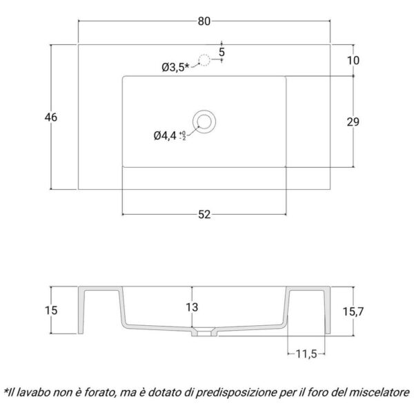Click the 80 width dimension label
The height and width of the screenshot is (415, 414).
point(204,21)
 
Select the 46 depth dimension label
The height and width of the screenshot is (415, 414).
point(51,117)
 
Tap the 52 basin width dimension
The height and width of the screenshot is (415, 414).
point(204,215)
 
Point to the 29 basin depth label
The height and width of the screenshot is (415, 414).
point(353,122)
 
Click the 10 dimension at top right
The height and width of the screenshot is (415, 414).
point(353,61)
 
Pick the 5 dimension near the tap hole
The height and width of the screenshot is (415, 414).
point(221,52)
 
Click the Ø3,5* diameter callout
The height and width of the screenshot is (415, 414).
point(176,68)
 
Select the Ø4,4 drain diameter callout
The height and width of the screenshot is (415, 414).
point(165,136)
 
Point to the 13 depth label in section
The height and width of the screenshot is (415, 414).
point(192,307)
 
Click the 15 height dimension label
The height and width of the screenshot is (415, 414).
point(51,310)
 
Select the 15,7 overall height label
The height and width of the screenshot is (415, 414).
point(353,312)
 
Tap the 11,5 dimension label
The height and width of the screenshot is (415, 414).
point(306,354)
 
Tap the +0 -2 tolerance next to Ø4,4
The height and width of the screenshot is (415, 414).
point(183,135)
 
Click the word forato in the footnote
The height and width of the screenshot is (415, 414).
point(100,393)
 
